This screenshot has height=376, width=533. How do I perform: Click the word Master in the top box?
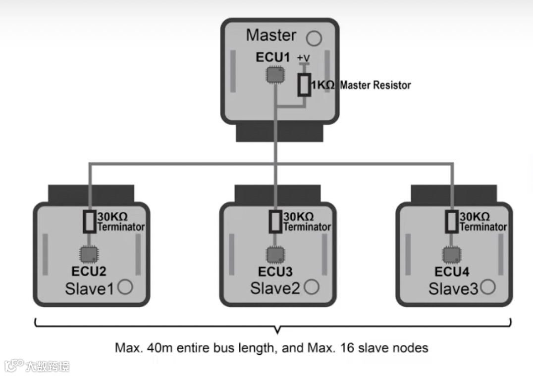[271, 36]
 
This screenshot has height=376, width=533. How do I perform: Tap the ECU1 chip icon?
[275, 75]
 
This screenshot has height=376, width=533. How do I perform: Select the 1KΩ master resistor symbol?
[304, 85]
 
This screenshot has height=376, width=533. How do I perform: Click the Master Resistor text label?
[375, 85]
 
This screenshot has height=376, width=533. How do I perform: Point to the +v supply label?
[303, 58]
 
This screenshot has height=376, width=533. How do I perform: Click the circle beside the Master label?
[313, 38]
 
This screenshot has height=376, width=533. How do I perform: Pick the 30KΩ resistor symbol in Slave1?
[89, 222]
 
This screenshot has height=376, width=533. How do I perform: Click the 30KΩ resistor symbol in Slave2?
[275, 222]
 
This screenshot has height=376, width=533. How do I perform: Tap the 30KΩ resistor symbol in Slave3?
[451, 222]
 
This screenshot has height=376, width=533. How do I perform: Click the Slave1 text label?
[89, 288]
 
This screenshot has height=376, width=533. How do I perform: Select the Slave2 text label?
[275, 288]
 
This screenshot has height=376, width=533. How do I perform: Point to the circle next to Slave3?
[488, 286]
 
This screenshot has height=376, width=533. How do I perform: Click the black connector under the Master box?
[279, 133]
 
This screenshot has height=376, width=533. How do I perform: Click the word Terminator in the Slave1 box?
[121, 227]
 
